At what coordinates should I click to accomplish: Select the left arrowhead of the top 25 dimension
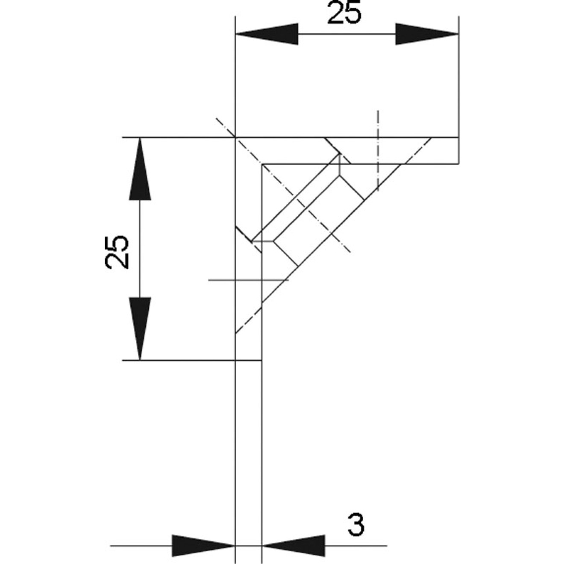pos(267,34)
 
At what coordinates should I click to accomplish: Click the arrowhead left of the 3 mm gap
pos(203,545)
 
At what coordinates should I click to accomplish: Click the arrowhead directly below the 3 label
pos(293,545)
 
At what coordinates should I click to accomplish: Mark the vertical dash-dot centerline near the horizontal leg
pos(378,150)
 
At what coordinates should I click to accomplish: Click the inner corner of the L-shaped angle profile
pos(262,164)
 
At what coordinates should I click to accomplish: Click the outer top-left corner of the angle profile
pos(236,138)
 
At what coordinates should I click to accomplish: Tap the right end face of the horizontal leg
pos(458,151)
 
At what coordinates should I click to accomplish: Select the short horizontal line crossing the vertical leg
pos(248,280)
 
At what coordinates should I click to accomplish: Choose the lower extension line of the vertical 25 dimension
pos(179,361)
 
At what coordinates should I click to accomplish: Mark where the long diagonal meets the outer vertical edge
pos(236,333)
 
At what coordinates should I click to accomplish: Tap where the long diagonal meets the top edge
pos(431,138)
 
